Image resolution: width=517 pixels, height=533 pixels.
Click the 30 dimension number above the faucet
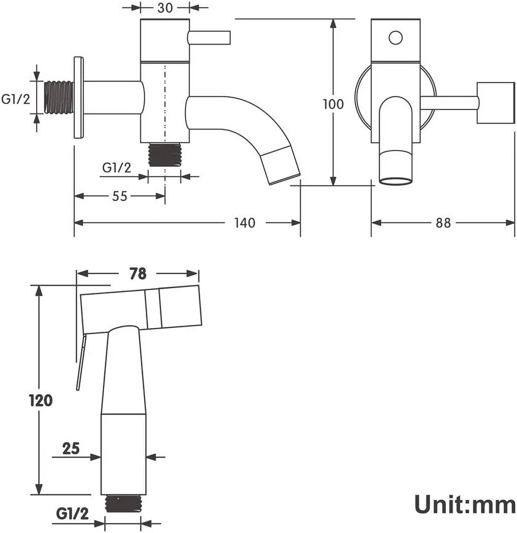tap(165, 8)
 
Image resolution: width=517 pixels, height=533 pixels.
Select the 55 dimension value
tap(119, 196)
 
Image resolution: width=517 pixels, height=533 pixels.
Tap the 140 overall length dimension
tap(245, 223)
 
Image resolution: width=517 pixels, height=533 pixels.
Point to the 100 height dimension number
tap(334, 104)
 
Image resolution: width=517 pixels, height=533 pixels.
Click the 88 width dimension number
tap(443, 223)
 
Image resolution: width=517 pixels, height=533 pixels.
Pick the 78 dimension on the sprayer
tap(138, 274)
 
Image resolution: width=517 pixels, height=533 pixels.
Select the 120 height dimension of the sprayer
tap(41, 401)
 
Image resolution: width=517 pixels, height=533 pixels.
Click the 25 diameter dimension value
tap(71, 449)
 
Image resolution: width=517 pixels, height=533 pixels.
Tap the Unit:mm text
tap(465, 505)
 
